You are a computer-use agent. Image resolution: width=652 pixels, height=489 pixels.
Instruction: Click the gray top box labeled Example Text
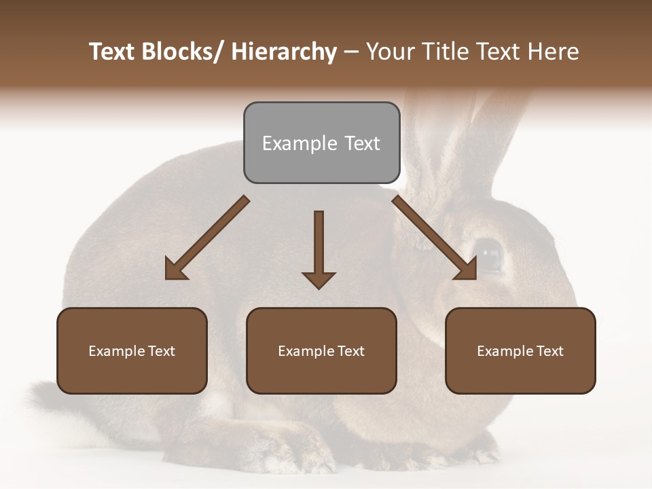click(321, 143)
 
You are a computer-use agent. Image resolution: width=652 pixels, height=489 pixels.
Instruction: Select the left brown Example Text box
click(132, 350)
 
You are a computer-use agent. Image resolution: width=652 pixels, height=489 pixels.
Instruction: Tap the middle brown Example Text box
click(321, 350)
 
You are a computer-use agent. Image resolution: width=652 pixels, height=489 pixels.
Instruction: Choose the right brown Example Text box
click(520, 350)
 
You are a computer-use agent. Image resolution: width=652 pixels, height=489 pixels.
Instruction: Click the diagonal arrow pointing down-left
click(207, 238)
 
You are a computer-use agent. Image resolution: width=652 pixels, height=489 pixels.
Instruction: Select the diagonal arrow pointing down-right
click(435, 238)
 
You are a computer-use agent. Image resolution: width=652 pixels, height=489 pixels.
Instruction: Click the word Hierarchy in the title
click(284, 52)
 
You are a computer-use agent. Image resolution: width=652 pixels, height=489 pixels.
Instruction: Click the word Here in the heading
click(555, 52)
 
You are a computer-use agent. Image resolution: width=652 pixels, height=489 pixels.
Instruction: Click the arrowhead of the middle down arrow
click(319, 279)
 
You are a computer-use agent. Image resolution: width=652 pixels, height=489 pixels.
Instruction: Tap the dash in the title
click(351, 52)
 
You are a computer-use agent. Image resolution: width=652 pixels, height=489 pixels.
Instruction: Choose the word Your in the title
click(390, 52)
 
